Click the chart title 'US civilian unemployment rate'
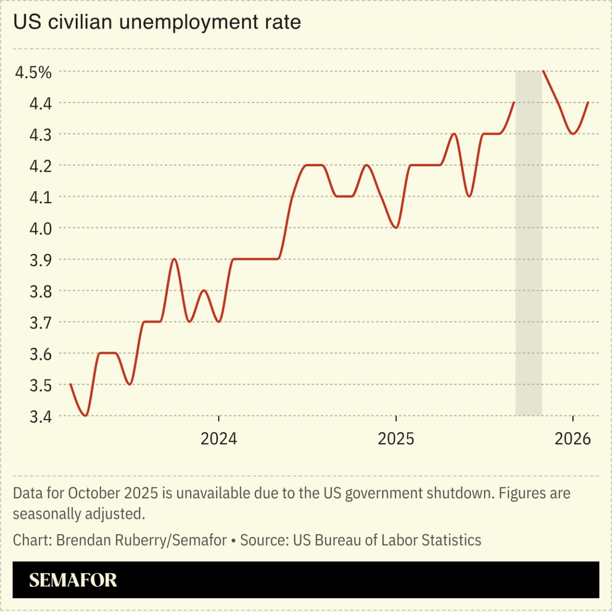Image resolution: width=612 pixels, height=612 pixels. click(x=157, y=22)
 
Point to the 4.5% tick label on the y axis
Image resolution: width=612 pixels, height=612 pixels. click(x=33, y=72)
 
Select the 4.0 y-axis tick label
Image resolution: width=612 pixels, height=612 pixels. click(x=40, y=229)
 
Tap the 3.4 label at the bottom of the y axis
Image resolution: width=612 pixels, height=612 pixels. click(x=40, y=417)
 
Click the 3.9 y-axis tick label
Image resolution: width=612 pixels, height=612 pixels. click(x=40, y=260)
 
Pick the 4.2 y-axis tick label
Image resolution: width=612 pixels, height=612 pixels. click(x=40, y=166)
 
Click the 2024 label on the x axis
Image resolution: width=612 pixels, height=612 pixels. click(x=218, y=439)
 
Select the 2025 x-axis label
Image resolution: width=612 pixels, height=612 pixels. click(x=396, y=439)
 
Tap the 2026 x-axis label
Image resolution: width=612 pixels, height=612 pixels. click(x=573, y=439)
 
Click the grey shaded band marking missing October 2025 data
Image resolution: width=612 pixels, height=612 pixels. click(x=529, y=243)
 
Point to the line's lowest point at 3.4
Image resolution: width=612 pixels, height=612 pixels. click(x=86, y=415)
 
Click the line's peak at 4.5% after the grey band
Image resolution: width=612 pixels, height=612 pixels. click(x=543, y=71)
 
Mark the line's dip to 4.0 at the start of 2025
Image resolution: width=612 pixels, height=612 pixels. click(x=396, y=227)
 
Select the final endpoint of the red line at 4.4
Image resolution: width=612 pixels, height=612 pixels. click(x=588, y=103)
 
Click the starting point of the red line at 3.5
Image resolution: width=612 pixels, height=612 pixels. click(x=71, y=384)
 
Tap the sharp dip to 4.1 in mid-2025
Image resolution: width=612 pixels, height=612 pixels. click(x=469, y=196)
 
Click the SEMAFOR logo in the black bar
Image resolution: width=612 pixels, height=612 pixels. click(x=73, y=580)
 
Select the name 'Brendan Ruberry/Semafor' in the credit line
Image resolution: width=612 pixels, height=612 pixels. click(x=141, y=540)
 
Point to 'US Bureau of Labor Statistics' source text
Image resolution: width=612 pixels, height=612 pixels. click(x=387, y=540)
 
